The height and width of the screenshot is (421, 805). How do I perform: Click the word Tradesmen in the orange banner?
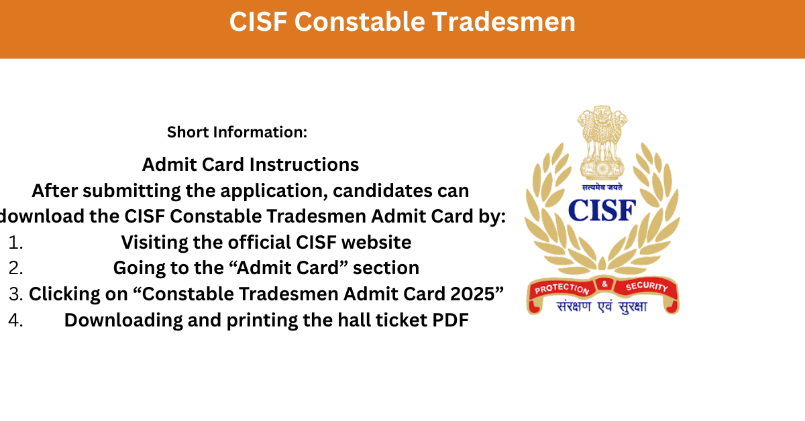pyautogui.click(x=504, y=22)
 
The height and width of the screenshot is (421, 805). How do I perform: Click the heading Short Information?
pyautogui.click(x=237, y=132)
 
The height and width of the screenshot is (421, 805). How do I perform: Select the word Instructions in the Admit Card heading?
pyautogui.click(x=304, y=164)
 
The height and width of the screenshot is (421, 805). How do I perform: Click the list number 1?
pyautogui.click(x=16, y=243)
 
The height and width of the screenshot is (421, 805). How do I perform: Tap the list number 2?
pyautogui.click(x=16, y=268)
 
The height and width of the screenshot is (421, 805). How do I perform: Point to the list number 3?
pyautogui.click(x=16, y=294)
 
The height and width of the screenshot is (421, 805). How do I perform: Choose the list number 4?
pyautogui.click(x=16, y=320)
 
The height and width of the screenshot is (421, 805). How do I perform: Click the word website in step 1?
pyautogui.click(x=376, y=242)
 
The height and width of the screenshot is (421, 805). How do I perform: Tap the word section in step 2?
pyautogui.click(x=386, y=268)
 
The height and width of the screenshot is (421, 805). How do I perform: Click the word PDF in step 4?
pyautogui.click(x=450, y=320)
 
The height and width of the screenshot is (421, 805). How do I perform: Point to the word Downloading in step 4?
pyautogui.click(x=123, y=320)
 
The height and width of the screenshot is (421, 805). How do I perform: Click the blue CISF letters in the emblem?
pyautogui.click(x=602, y=210)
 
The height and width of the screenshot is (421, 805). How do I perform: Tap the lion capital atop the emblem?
pyautogui.click(x=602, y=143)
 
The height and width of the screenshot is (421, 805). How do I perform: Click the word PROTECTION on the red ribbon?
pyautogui.click(x=561, y=288)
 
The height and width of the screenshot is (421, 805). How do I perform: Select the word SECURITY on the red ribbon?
pyautogui.click(x=647, y=286)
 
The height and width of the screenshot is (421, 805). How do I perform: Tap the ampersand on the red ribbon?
pyautogui.click(x=604, y=284)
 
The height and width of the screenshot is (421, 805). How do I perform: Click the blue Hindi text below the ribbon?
pyautogui.click(x=602, y=307)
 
